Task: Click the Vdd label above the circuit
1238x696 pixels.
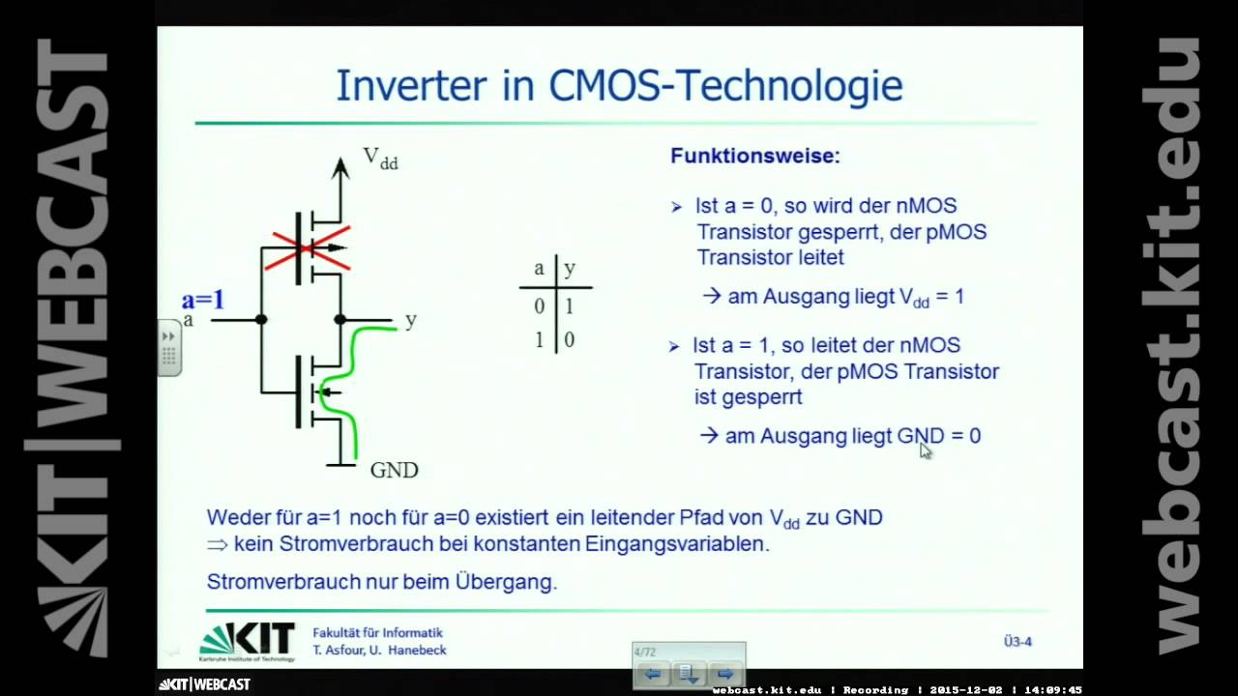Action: (x=380, y=159)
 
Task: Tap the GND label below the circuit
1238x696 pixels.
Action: (x=394, y=471)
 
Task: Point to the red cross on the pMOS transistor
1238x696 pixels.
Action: (x=309, y=249)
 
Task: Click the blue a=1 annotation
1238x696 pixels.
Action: (x=203, y=300)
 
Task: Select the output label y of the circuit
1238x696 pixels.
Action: (x=411, y=320)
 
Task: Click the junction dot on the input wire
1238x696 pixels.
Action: (x=261, y=319)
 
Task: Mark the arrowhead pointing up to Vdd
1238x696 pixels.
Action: (x=340, y=168)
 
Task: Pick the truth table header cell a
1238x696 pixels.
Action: (x=539, y=269)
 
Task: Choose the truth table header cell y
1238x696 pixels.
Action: (x=570, y=269)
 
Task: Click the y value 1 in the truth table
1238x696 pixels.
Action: (x=570, y=306)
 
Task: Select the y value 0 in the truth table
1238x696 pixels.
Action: (x=570, y=340)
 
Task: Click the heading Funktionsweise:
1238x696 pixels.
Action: (x=755, y=156)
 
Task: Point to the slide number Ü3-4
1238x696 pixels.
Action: (x=1017, y=641)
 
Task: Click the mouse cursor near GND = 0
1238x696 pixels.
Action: (x=925, y=449)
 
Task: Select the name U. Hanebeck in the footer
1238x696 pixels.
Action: (x=407, y=651)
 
